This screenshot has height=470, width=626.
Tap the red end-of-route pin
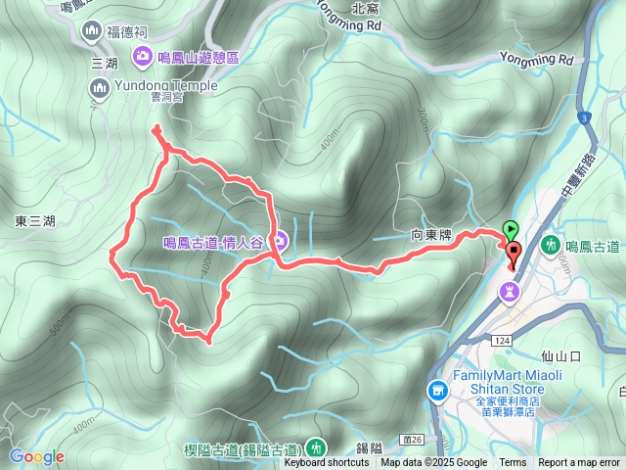point(514,252)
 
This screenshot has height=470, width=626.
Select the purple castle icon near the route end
point(510,291)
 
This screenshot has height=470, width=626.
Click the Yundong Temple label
point(151,85)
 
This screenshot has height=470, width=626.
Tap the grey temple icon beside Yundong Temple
point(99,89)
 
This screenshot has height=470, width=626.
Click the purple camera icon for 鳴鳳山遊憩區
point(142,56)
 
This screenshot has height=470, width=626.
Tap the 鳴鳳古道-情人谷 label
point(212,241)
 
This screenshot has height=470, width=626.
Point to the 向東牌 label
point(431,236)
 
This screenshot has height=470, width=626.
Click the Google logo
point(37,456)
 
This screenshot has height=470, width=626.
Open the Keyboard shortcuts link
point(327,463)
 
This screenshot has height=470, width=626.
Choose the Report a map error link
point(578,463)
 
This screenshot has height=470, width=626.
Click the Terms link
point(513,463)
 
